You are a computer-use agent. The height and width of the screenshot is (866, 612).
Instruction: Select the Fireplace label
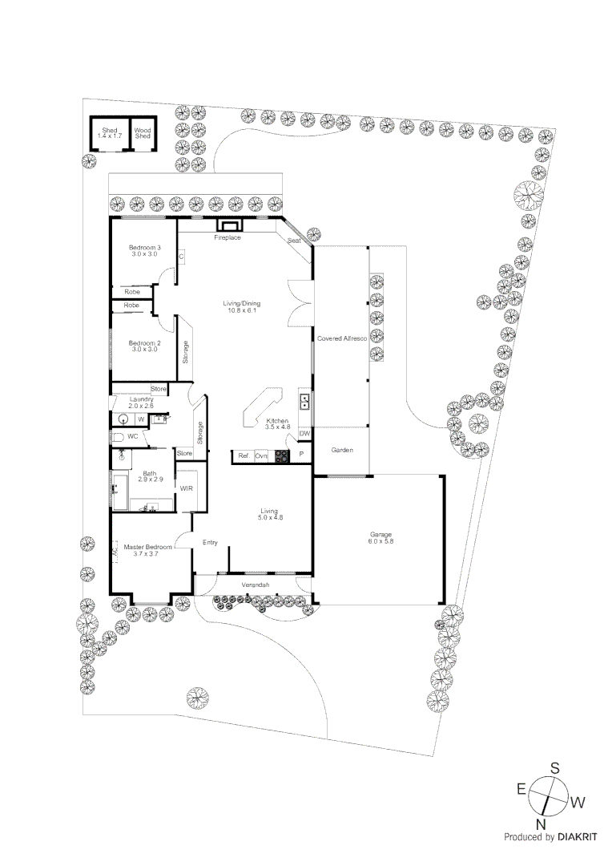[227, 238]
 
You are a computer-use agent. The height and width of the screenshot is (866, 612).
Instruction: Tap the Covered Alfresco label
[341, 340]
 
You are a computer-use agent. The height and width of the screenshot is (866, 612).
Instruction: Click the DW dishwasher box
[304, 434]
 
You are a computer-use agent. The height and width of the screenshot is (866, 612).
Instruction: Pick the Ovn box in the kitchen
[261, 456]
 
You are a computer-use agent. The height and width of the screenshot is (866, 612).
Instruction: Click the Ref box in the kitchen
[242, 456]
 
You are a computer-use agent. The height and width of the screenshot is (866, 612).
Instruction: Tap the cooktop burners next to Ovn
[281, 456]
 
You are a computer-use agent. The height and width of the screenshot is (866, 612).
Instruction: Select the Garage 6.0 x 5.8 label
[381, 537]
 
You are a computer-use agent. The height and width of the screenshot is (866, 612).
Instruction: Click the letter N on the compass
[542, 824]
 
